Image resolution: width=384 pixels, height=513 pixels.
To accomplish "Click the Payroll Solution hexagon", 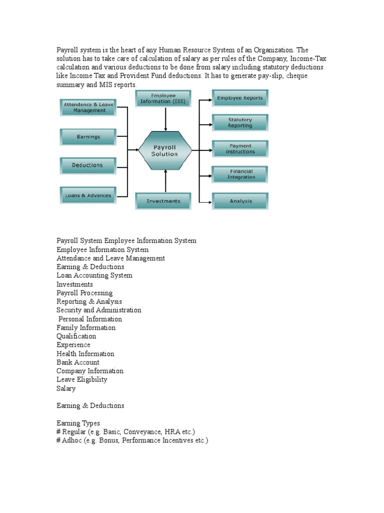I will [164, 151].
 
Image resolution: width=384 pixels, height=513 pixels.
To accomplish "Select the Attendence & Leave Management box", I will [89, 107].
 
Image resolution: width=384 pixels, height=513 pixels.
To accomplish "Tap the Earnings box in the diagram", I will [88, 137].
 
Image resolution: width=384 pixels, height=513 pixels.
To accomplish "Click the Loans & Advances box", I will [88, 195].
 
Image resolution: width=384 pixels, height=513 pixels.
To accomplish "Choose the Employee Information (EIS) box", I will [163, 98].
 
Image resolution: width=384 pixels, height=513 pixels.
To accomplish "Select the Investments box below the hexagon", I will [163, 201].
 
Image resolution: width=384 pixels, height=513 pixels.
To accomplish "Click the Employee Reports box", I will [240, 98].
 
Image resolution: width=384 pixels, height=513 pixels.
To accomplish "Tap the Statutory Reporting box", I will [240, 123].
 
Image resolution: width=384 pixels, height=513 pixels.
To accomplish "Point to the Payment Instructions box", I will [240, 149].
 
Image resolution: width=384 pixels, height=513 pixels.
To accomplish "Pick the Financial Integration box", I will [240, 174].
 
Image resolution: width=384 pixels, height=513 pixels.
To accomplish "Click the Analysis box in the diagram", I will [240, 201].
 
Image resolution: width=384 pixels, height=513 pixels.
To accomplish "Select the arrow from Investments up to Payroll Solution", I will [165, 181].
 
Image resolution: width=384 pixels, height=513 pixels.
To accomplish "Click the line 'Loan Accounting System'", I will [94, 276].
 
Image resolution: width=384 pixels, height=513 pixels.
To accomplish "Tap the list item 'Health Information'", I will [85, 354].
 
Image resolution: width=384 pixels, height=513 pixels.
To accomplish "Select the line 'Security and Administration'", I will [99, 310].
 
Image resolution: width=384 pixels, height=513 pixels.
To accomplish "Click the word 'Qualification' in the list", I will [76, 336].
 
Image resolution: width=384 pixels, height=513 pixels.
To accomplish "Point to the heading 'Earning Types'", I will [78, 423].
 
